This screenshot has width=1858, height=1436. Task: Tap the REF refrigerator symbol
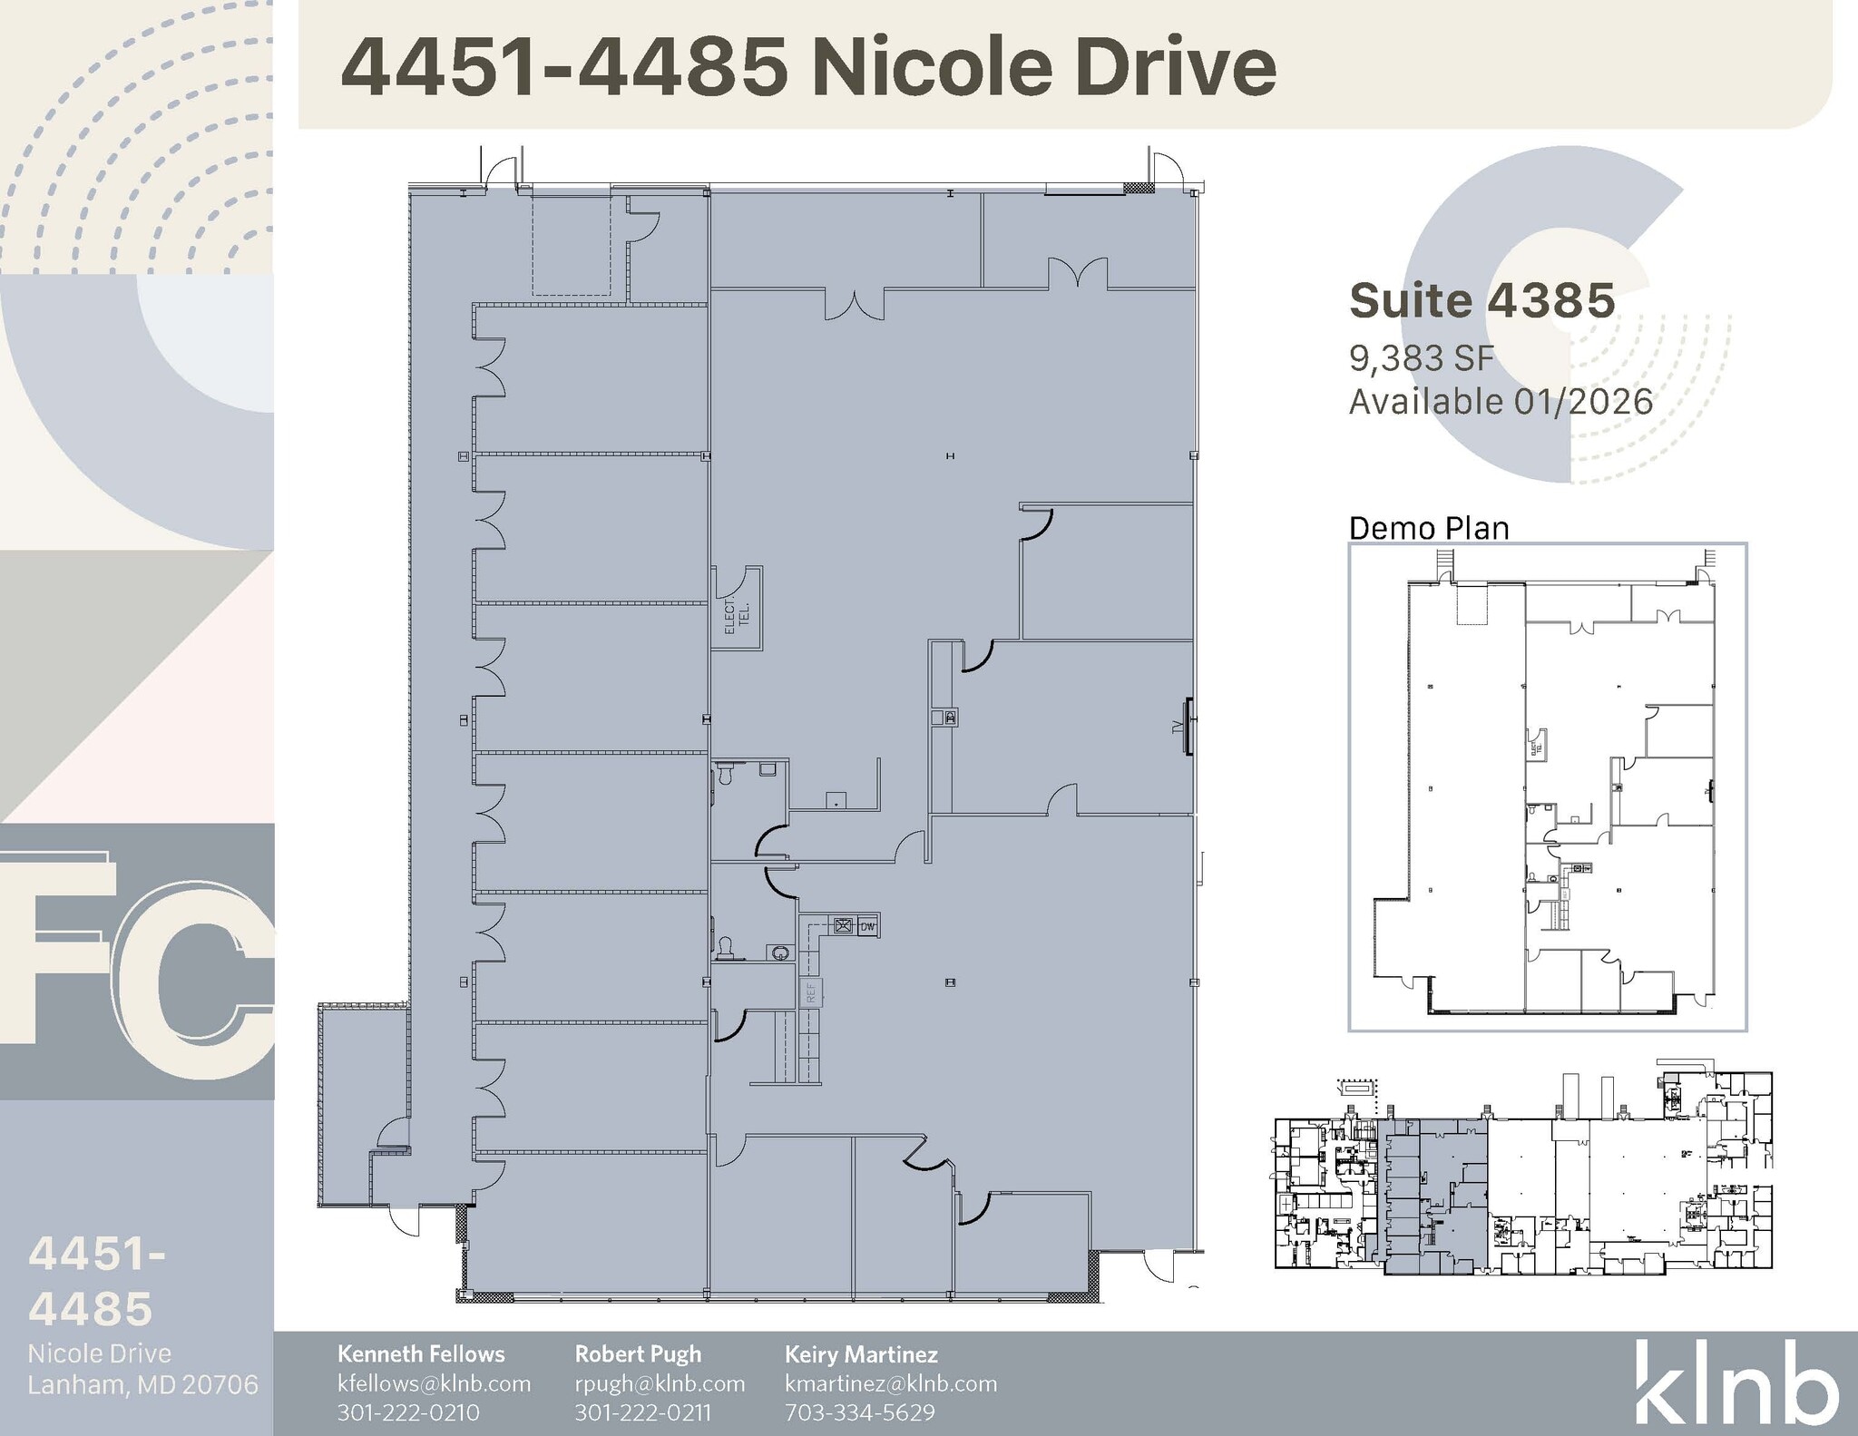[811, 992]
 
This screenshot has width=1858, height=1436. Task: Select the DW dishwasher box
[868, 926]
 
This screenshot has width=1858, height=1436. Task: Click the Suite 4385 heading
[1482, 301]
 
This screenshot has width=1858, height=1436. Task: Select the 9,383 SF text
[1421, 359]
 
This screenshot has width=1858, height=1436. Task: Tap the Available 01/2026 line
[1501, 402]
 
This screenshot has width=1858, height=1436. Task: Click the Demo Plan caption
[1429, 528]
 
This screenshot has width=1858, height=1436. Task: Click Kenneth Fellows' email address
[434, 1383]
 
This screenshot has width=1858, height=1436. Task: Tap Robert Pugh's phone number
[642, 1412]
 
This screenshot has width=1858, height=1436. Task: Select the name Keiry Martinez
[861, 1354]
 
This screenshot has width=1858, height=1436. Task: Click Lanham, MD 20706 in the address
[142, 1385]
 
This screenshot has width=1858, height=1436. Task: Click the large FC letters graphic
[136, 962]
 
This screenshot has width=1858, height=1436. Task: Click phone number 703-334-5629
[859, 1412]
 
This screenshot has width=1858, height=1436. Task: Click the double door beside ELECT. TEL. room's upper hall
[854, 303]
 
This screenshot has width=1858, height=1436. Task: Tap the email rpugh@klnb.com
[660, 1383]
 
